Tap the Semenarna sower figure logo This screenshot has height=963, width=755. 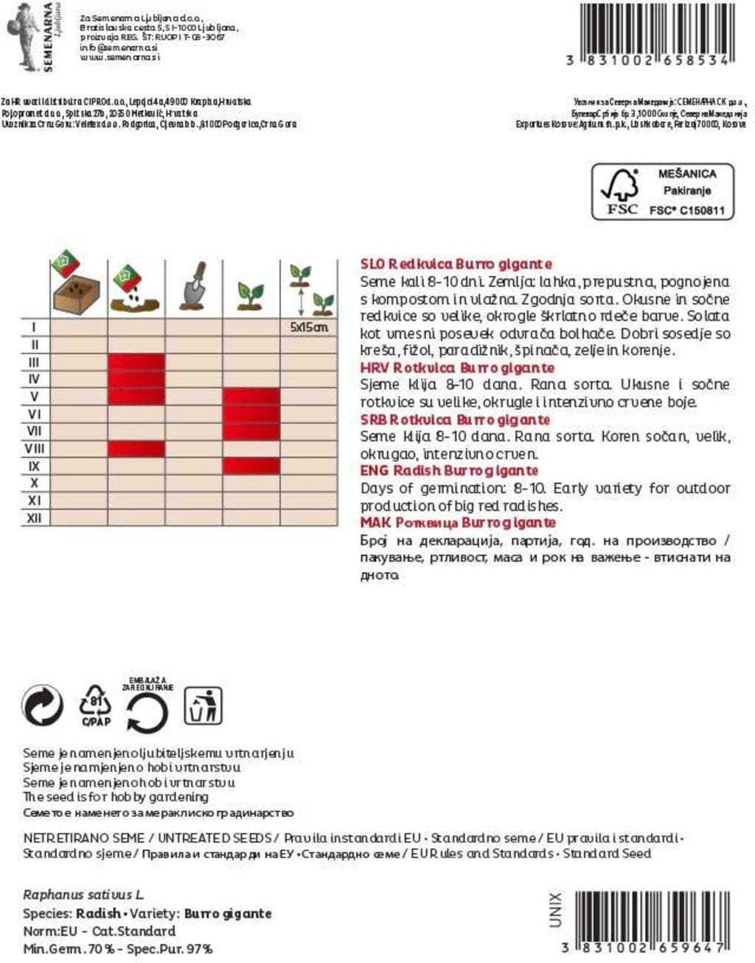click(x=24, y=35)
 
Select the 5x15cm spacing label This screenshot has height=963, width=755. click(x=309, y=327)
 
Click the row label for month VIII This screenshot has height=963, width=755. click(x=35, y=448)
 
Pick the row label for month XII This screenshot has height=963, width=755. click(x=35, y=518)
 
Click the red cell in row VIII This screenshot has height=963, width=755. click(x=136, y=448)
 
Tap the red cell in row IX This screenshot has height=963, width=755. click(x=251, y=466)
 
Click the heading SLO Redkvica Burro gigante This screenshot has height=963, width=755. click(x=456, y=264)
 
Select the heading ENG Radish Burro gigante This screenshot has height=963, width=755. click(x=449, y=470)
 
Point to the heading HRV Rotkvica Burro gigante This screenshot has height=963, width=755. click(x=457, y=367)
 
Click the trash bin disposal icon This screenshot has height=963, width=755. click(x=202, y=706)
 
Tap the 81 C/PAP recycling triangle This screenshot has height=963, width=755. click(x=96, y=706)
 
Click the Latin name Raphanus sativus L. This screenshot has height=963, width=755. click(x=83, y=895)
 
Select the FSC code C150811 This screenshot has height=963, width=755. click(x=686, y=210)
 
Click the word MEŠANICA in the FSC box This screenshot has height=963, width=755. click(x=686, y=174)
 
